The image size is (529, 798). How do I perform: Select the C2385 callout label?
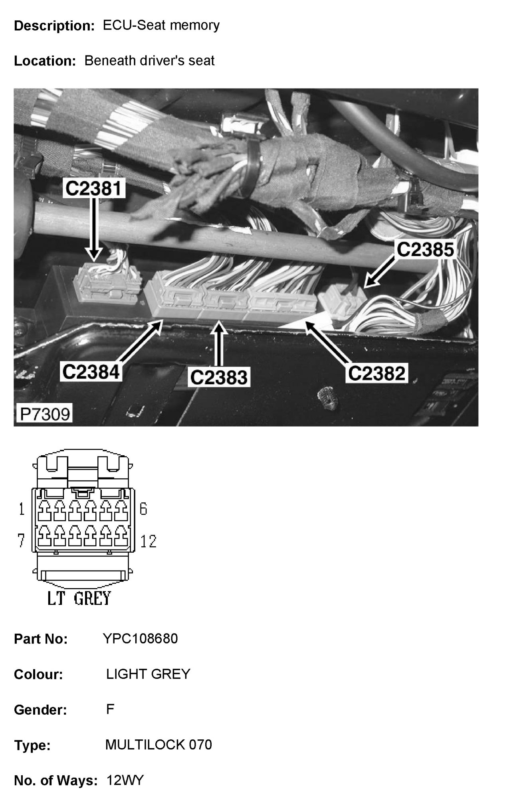(425, 249)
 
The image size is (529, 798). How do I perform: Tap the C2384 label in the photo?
(91, 372)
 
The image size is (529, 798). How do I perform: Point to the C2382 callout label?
(376, 373)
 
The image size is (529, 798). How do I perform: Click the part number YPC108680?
(140, 639)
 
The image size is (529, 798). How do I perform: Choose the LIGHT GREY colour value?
(148, 674)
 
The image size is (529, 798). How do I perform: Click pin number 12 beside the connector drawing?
(148, 541)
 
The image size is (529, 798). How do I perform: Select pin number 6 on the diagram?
(143, 509)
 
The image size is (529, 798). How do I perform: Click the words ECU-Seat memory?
(161, 26)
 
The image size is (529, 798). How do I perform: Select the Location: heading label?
(45, 61)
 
